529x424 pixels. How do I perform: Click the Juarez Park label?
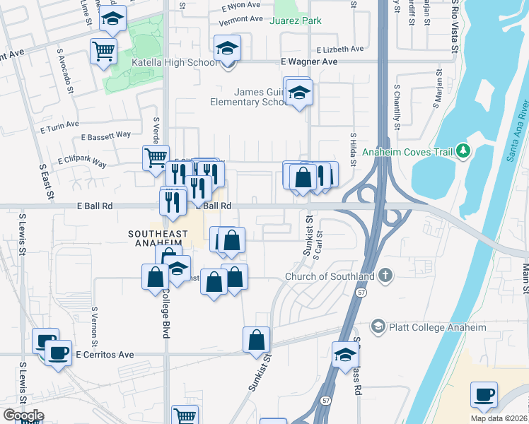pos(296,20)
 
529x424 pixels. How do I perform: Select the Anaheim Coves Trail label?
pos(407,151)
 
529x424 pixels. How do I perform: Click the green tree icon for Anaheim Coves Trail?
pos(463,150)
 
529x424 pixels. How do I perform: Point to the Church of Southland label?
pos(330,276)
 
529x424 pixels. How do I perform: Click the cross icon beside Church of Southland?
pos(385,276)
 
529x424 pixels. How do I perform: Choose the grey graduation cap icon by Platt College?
pos(378,326)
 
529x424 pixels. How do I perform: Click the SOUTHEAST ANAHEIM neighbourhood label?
pos(158,238)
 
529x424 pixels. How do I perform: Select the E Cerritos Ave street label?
pos(105,354)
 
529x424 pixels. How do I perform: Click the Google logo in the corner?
pos(23,416)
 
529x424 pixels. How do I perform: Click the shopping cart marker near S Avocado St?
pos(104,51)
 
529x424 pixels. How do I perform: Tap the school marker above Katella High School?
pos(227,48)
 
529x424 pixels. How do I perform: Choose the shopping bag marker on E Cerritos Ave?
pos(256,341)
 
